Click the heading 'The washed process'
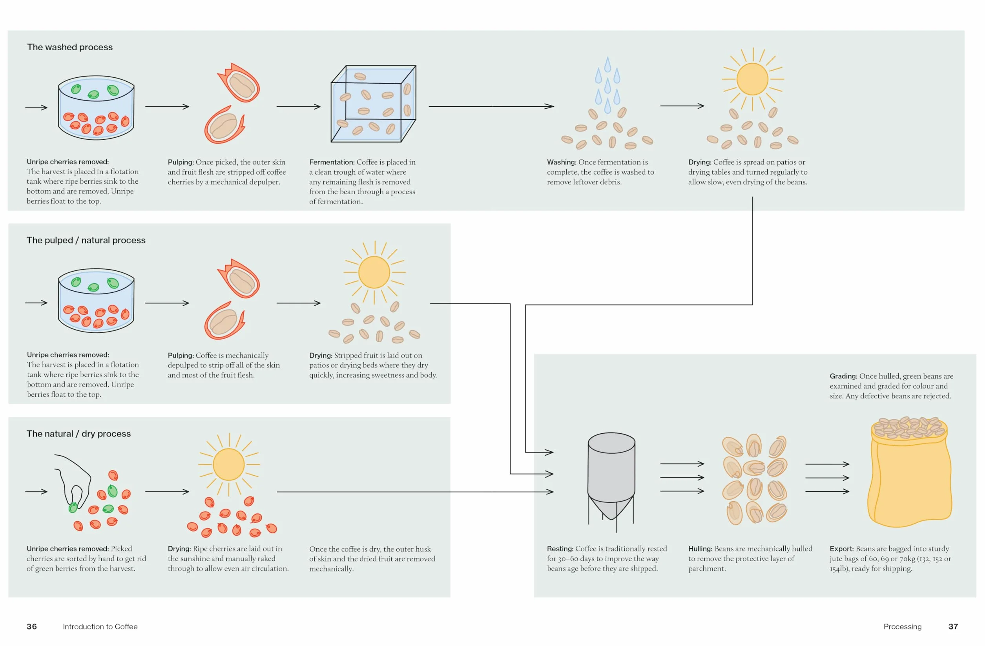pyautogui.click(x=70, y=47)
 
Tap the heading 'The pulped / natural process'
pyautogui.click(x=86, y=241)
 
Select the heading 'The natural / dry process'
pyautogui.click(x=78, y=434)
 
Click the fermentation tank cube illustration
pyautogui.click(x=373, y=104)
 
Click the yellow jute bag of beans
pyautogui.click(x=909, y=472)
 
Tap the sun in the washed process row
pyautogui.click(x=752, y=79)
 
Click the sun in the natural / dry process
pyautogui.click(x=229, y=465)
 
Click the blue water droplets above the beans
pyautogui.click(x=607, y=85)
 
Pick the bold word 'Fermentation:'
pyautogui.click(x=332, y=162)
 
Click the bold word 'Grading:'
pyautogui.click(x=843, y=376)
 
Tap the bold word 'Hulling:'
pyautogui.click(x=700, y=549)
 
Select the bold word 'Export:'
pyautogui.click(x=841, y=549)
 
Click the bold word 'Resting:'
pyautogui.click(x=560, y=549)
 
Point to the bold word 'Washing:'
pyautogui.click(x=562, y=162)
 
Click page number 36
pyautogui.click(x=31, y=626)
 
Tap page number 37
pyautogui.click(x=953, y=626)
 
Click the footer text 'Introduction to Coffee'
pyautogui.click(x=100, y=626)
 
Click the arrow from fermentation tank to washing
pyautogui.click(x=491, y=106)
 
